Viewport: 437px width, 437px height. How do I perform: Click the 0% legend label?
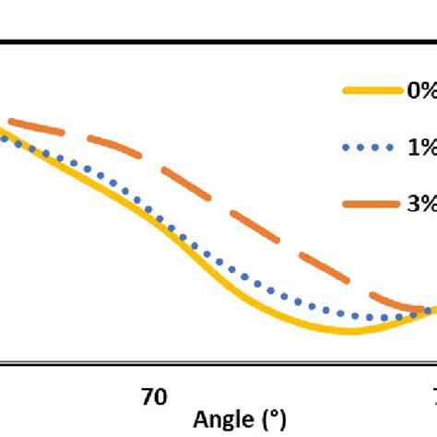click(x=420, y=90)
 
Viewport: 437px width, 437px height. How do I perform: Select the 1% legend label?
click(x=420, y=147)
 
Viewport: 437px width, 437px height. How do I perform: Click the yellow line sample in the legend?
click(x=371, y=90)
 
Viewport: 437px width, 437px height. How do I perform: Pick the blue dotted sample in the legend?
click(x=371, y=147)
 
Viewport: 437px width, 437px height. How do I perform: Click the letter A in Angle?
click(x=200, y=420)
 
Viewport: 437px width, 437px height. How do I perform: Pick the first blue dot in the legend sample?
click(x=345, y=147)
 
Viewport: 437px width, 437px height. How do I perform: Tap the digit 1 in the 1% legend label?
click(x=413, y=147)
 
